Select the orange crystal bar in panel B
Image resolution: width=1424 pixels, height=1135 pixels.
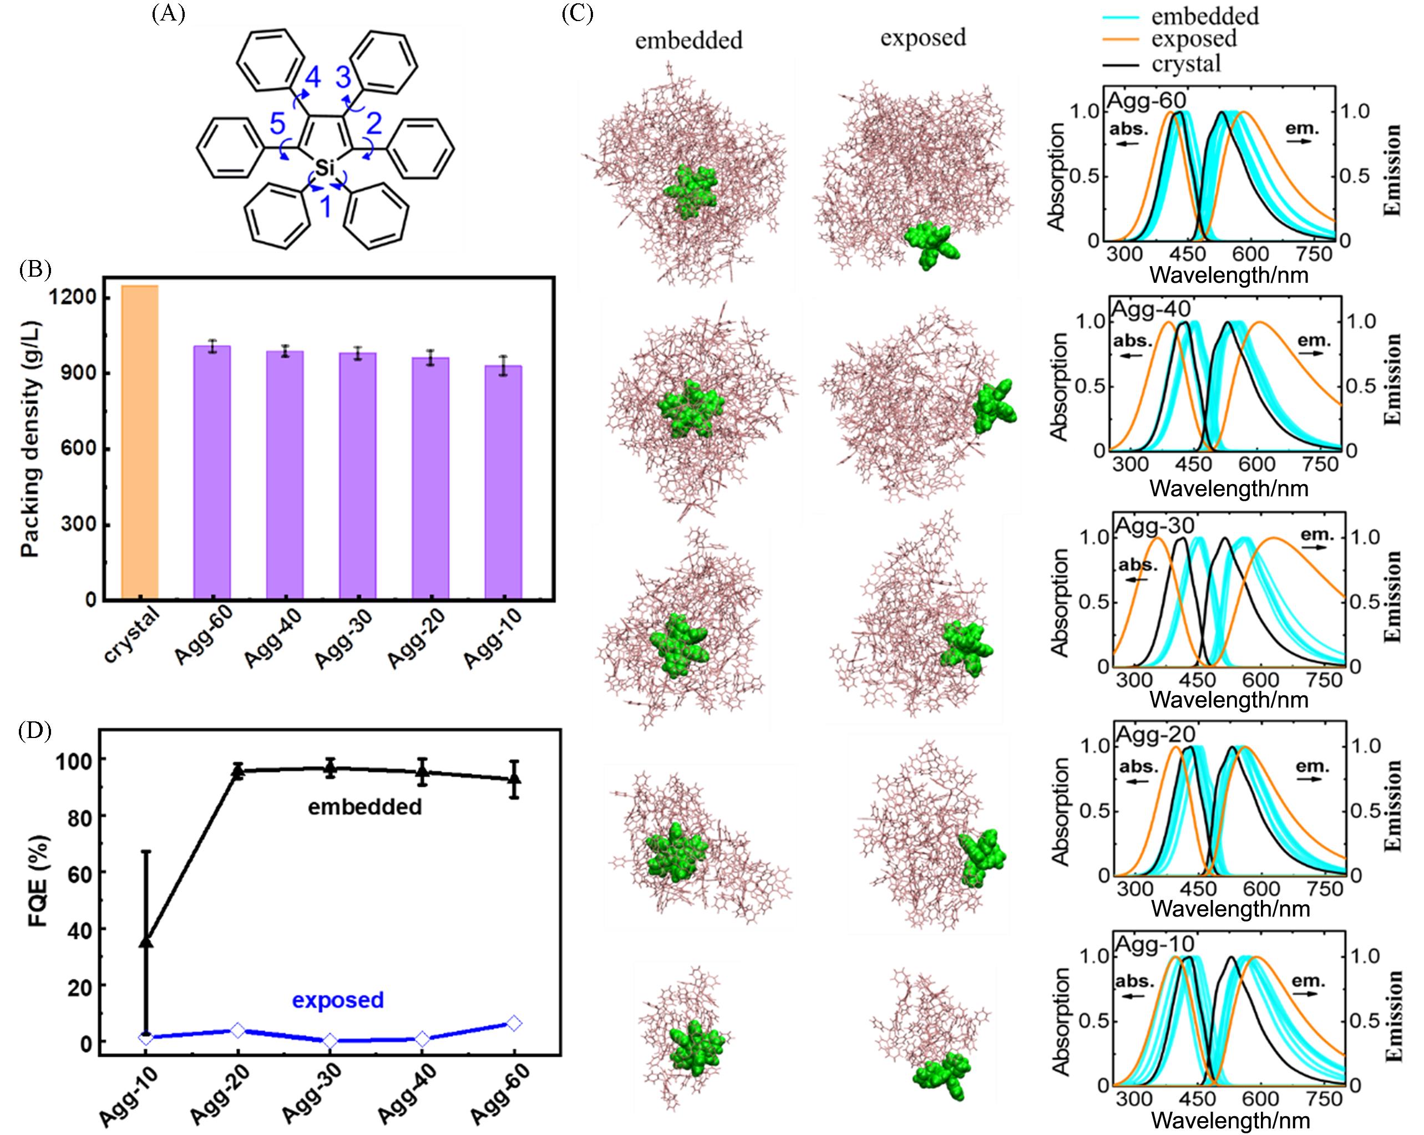tap(140, 442)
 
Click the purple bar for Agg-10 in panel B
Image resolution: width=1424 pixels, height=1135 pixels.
tap(503, 482)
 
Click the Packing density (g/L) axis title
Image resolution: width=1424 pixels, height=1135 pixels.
tap(30, 439)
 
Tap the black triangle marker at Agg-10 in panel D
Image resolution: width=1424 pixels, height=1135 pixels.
tap(146, 941)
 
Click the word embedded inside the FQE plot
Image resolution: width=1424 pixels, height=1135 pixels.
tap(364, 806)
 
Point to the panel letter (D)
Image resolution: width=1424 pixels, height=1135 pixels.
tap(35, 731)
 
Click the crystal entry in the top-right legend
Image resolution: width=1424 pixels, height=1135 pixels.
tap(1186, 63)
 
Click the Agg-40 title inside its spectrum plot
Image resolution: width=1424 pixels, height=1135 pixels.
tap(1151, 308)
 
